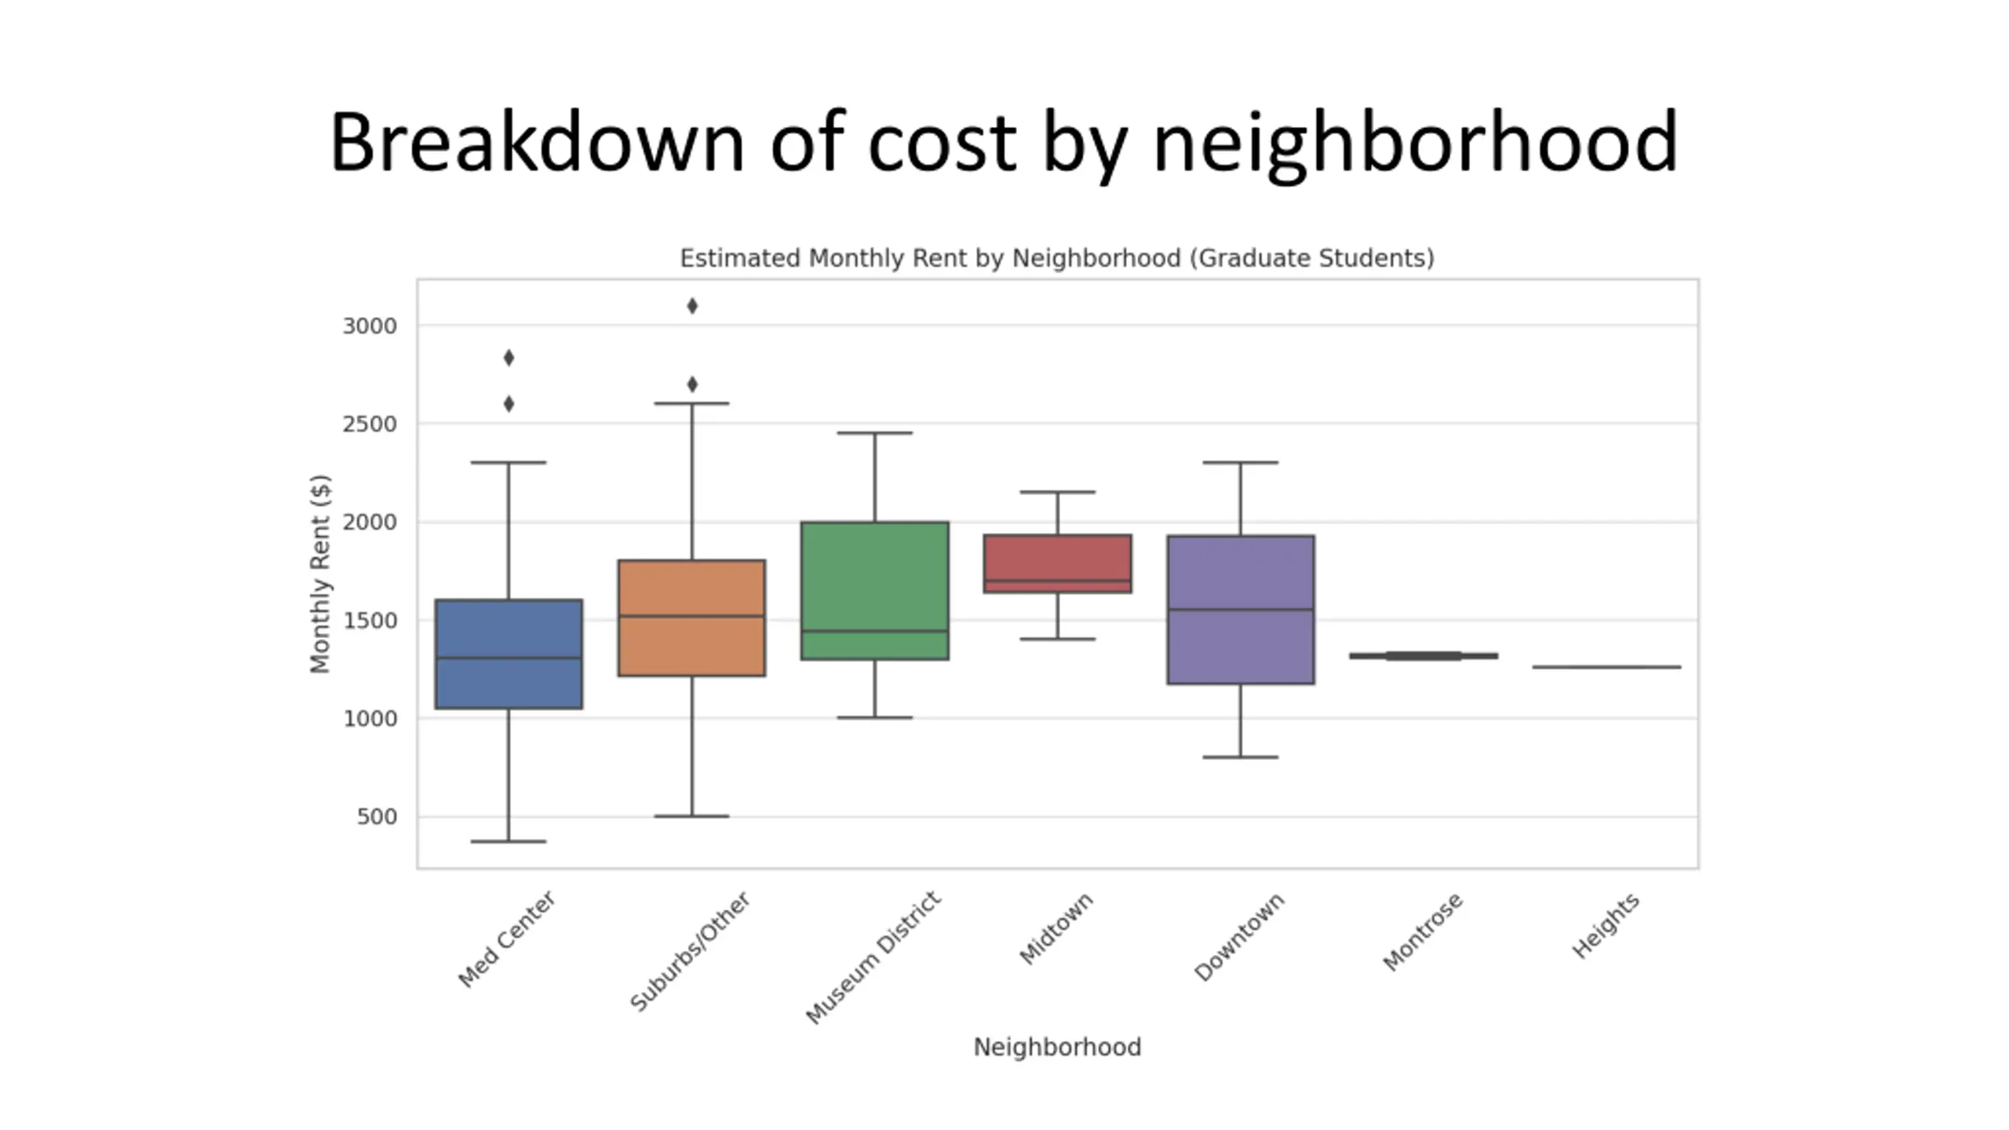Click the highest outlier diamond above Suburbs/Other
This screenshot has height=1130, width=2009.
point(692,306)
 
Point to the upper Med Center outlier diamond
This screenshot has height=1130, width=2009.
point(509,358)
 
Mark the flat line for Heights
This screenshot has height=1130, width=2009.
point(1606,667)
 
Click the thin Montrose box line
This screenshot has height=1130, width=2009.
point(1424,655)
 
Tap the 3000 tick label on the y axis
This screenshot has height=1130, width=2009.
point(370,326)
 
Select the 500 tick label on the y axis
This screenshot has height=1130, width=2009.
point(377,817)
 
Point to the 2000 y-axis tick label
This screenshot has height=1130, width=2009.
point(370,522)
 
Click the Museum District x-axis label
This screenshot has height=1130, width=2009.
point(873,957)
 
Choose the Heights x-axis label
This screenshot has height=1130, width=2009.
point(1606,926)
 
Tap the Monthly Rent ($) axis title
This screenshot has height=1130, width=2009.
point(320,574)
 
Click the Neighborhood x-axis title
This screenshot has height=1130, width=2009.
point(1057,1047)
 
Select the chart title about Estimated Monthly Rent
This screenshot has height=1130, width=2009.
point(1057,258)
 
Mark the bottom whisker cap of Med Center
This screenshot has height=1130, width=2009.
point(509,841)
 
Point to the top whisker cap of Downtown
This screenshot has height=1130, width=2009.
point(1240,462)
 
